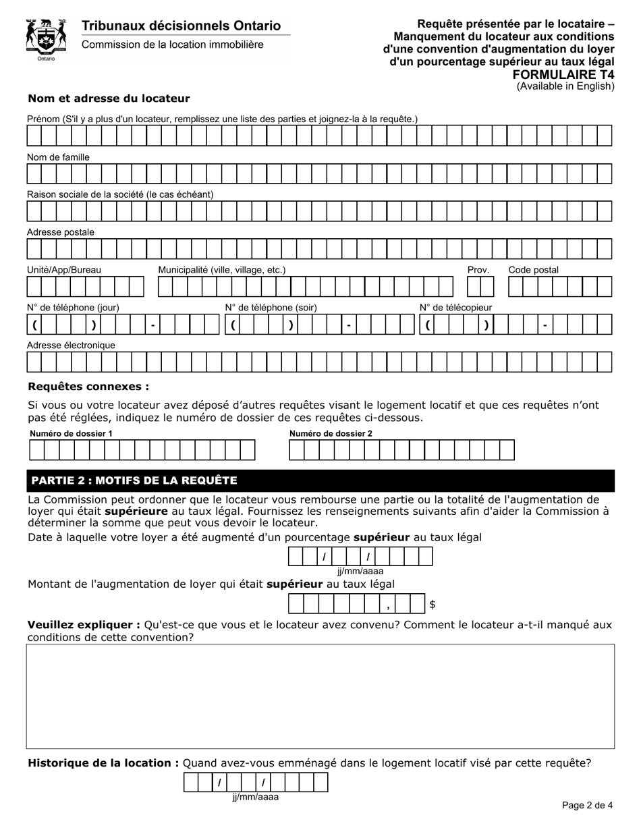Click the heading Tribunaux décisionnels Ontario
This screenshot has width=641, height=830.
click(x=181, y=26)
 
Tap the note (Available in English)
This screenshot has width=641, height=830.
click(x=565, y=86)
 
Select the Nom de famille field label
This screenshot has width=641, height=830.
click(x=58, y=157)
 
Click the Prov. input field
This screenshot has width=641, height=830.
click(x=480, y=287)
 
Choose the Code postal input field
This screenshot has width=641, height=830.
click(x=559, y=287)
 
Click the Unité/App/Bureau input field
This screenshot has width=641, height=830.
click(x=86, y=287)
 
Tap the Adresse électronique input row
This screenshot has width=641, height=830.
click(x=319, y=362)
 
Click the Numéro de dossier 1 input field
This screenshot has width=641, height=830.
click(x=142, y=450)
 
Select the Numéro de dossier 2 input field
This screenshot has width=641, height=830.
click(x=401, y=450)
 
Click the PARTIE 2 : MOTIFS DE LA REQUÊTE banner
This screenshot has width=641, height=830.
click(x=320, y=480)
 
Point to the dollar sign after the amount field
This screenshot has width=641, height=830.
click(x=433, y=605)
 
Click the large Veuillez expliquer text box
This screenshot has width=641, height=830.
click(x=320, y=696)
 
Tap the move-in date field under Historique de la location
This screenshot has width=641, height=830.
click(x=256, y=782)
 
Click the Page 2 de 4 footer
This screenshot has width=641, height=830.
click(x=587, y=805)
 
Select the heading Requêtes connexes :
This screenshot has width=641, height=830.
click(x=88, y=387)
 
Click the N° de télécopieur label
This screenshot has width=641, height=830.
click(x=455, y=308)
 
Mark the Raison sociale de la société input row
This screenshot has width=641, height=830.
click(x=319, y=212)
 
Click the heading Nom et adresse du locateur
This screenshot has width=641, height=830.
click(x=109, y=99)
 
